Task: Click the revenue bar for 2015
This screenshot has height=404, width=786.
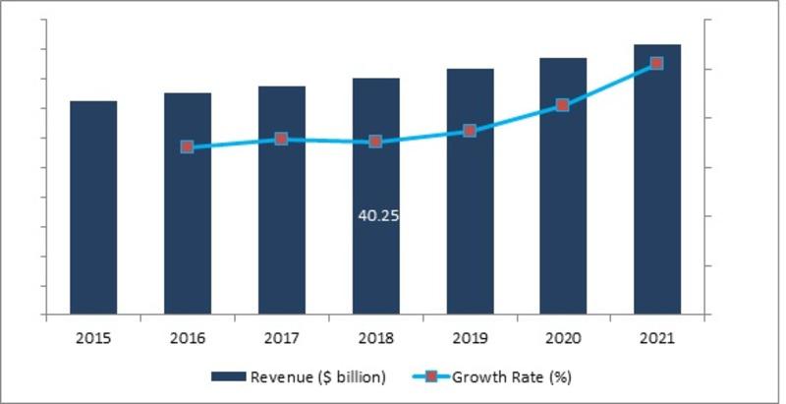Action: pyautogui.click(x=93, y=207)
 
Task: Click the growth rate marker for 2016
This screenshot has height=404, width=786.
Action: pyautogui.click(x=188, y=147)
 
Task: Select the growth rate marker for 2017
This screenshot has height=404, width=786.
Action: pyautogui.click(x=281, y=140)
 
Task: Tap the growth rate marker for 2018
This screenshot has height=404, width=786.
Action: pyautogui.click(x=375, y=143)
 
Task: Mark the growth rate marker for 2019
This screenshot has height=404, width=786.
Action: pyautogui.click(x=470, y=131)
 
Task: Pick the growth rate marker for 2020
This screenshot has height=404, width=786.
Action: pyautogui.click(x=563, y=105)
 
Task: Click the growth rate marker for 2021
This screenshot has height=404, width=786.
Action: pyautogui.click(x=657, y=64)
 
